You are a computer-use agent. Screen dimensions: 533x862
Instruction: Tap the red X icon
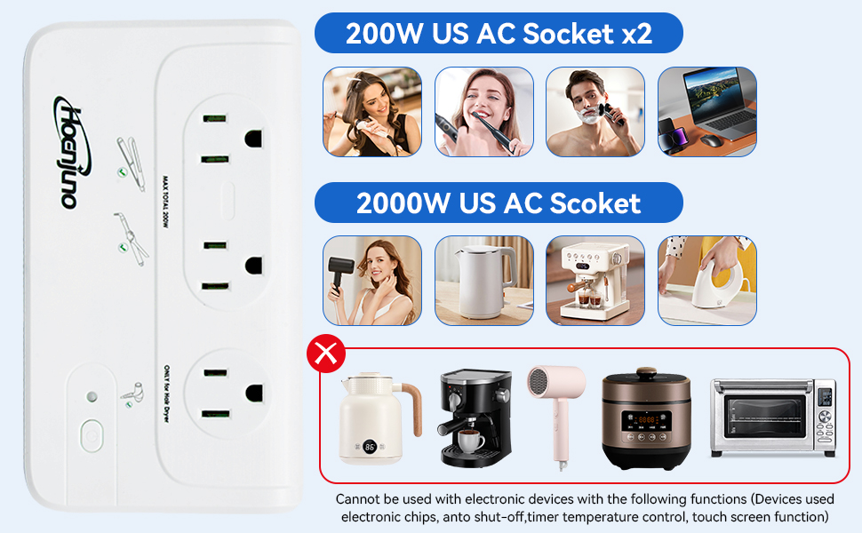(325, 354)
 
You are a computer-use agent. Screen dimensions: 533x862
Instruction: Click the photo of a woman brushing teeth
(483, 112)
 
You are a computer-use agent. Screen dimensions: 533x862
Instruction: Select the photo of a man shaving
(595, 112)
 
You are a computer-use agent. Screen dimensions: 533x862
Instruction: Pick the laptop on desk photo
(706, 112)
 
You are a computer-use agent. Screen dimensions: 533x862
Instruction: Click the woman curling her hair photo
(371, 112)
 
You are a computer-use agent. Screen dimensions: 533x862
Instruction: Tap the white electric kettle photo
(483, 281)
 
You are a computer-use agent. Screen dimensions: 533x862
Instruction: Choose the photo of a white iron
(706, 281)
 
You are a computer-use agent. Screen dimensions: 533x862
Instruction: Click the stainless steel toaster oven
(772, 418)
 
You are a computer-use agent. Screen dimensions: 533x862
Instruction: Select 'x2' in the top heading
(633, 34)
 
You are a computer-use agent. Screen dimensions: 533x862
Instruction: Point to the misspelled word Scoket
(595, 203)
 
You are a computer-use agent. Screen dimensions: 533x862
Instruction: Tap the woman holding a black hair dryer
(371, 281)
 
